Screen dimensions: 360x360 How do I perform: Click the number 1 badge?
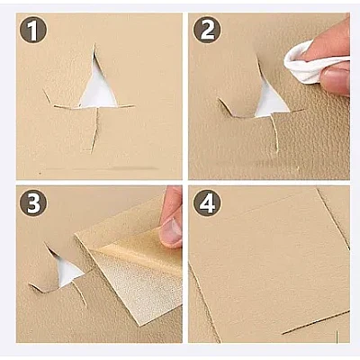point(33,30)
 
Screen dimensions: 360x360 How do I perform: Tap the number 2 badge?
point(207,30)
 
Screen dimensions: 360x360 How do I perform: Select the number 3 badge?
point(33,202)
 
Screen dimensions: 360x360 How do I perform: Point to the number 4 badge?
point(207,202)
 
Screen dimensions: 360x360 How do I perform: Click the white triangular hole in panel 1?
point(98,90)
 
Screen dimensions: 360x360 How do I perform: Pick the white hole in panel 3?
point(68,271)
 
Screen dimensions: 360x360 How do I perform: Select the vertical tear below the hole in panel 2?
point(274,132)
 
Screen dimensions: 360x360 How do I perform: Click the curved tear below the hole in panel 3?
point(80,294)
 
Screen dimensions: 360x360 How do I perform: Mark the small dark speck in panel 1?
point(40,173)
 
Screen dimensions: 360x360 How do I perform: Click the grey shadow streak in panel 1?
point(135,168)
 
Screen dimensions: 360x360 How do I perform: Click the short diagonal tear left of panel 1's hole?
point(48,96)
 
